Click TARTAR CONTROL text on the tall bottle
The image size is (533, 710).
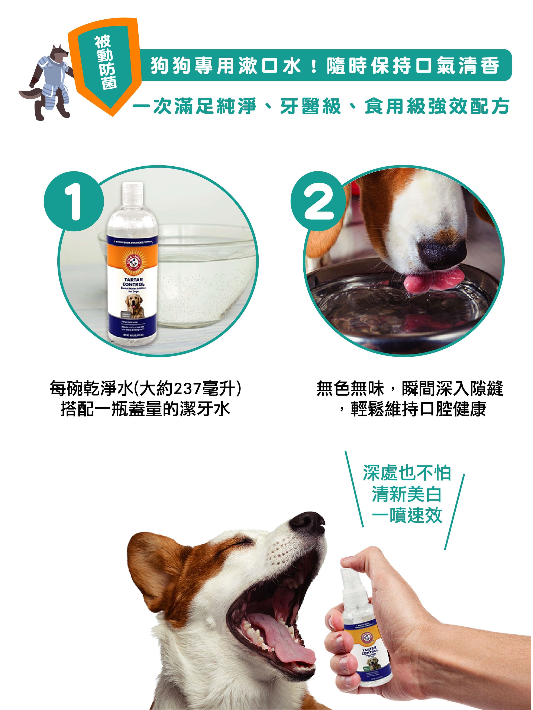click(133, 282)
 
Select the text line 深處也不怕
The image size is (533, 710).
click(407, 474)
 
